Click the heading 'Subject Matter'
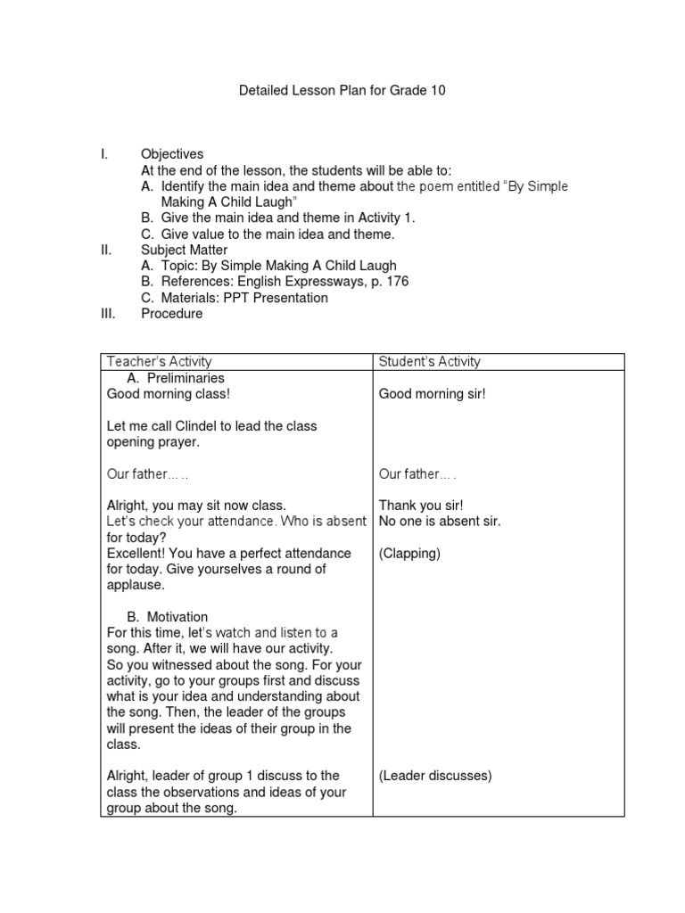click(x=184, y=250)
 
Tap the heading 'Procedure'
click(x=171, y=314)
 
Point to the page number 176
click(x=397, y=282)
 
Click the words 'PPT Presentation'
click(x=277, y=298)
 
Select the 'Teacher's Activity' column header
click(x=159, y=361)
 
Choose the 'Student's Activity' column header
click(x=429, y=361)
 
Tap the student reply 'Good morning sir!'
click(x=432, y=393)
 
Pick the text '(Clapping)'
click(x=409, y=553)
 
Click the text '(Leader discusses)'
click(x=434, y=776)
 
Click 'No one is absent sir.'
click(x=439, y=521)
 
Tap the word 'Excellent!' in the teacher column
click(x=136, y=553)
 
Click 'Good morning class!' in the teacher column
click(x=162, y=393)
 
